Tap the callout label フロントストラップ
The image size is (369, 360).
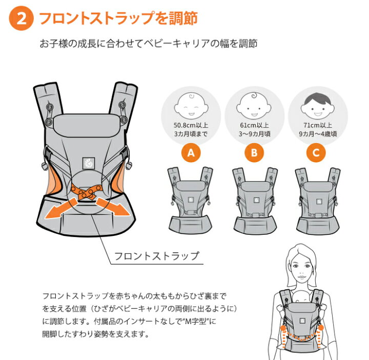click(x=155, y=255)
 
